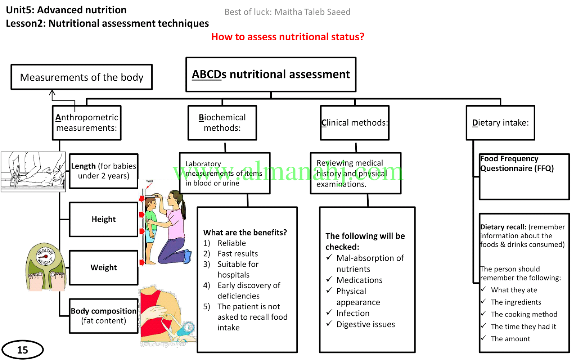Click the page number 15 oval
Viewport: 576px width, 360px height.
pyautogui.click(x=22, y=350)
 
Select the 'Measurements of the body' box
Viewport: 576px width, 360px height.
pyautogui.click(x=81, y=77)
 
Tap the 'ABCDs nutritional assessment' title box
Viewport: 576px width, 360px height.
pyautogui.click(x=271, y=75)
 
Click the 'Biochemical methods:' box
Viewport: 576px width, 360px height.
pyautogui.click(x=222, y=123)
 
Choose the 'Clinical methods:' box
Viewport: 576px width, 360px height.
pyautogui.click(x=355, y=123)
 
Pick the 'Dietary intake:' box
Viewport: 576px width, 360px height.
pyautogui.click(x=500, y=123)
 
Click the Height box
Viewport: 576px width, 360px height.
pyautogui.click(x=104, y=219)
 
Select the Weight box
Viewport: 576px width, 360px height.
pyautogui.click(x=104, y=267)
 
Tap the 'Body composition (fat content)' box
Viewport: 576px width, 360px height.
pyautogui.click(x=104, y=316)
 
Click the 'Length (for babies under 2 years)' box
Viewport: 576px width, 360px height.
pyautogui.click(x=104, y=171)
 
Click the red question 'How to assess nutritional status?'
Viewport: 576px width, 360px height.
pyautogui.click(x=288, y=37)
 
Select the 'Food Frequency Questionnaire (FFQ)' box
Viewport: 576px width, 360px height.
pyautogui.click(x=524, y=176)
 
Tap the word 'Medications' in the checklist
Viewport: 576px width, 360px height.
pyautogui.click(x=359, y=280)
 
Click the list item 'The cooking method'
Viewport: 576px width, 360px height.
pyautogui.click(x=524, y=314)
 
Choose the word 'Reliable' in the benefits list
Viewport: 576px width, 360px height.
pyautogui.click(x=231, y=243)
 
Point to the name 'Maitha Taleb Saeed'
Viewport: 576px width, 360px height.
pyautogui.click(x=312, y=12)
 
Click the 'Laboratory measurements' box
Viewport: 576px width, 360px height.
pyautogui.click(x=225, y=173)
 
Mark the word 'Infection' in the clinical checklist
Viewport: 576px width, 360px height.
pyautogui.click(x=353, y=313)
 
